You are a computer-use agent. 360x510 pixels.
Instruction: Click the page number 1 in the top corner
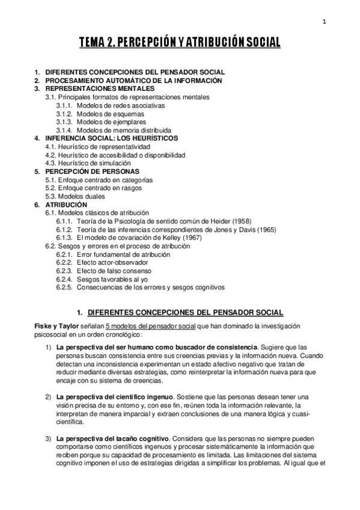[x=324, y=22]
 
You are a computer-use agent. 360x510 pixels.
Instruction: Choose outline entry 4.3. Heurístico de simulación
[x=93, y=163]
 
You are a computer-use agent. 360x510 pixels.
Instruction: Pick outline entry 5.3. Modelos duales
[x=79, y=196]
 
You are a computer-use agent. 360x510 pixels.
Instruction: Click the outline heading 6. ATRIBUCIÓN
[x=57, y=204]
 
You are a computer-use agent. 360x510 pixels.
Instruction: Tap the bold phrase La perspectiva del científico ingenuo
[x=115, y=398]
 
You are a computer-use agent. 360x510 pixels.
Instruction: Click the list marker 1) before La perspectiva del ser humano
[x=49, y=348]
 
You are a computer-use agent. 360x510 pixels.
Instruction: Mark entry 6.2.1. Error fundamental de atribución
[x=114, y=254]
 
